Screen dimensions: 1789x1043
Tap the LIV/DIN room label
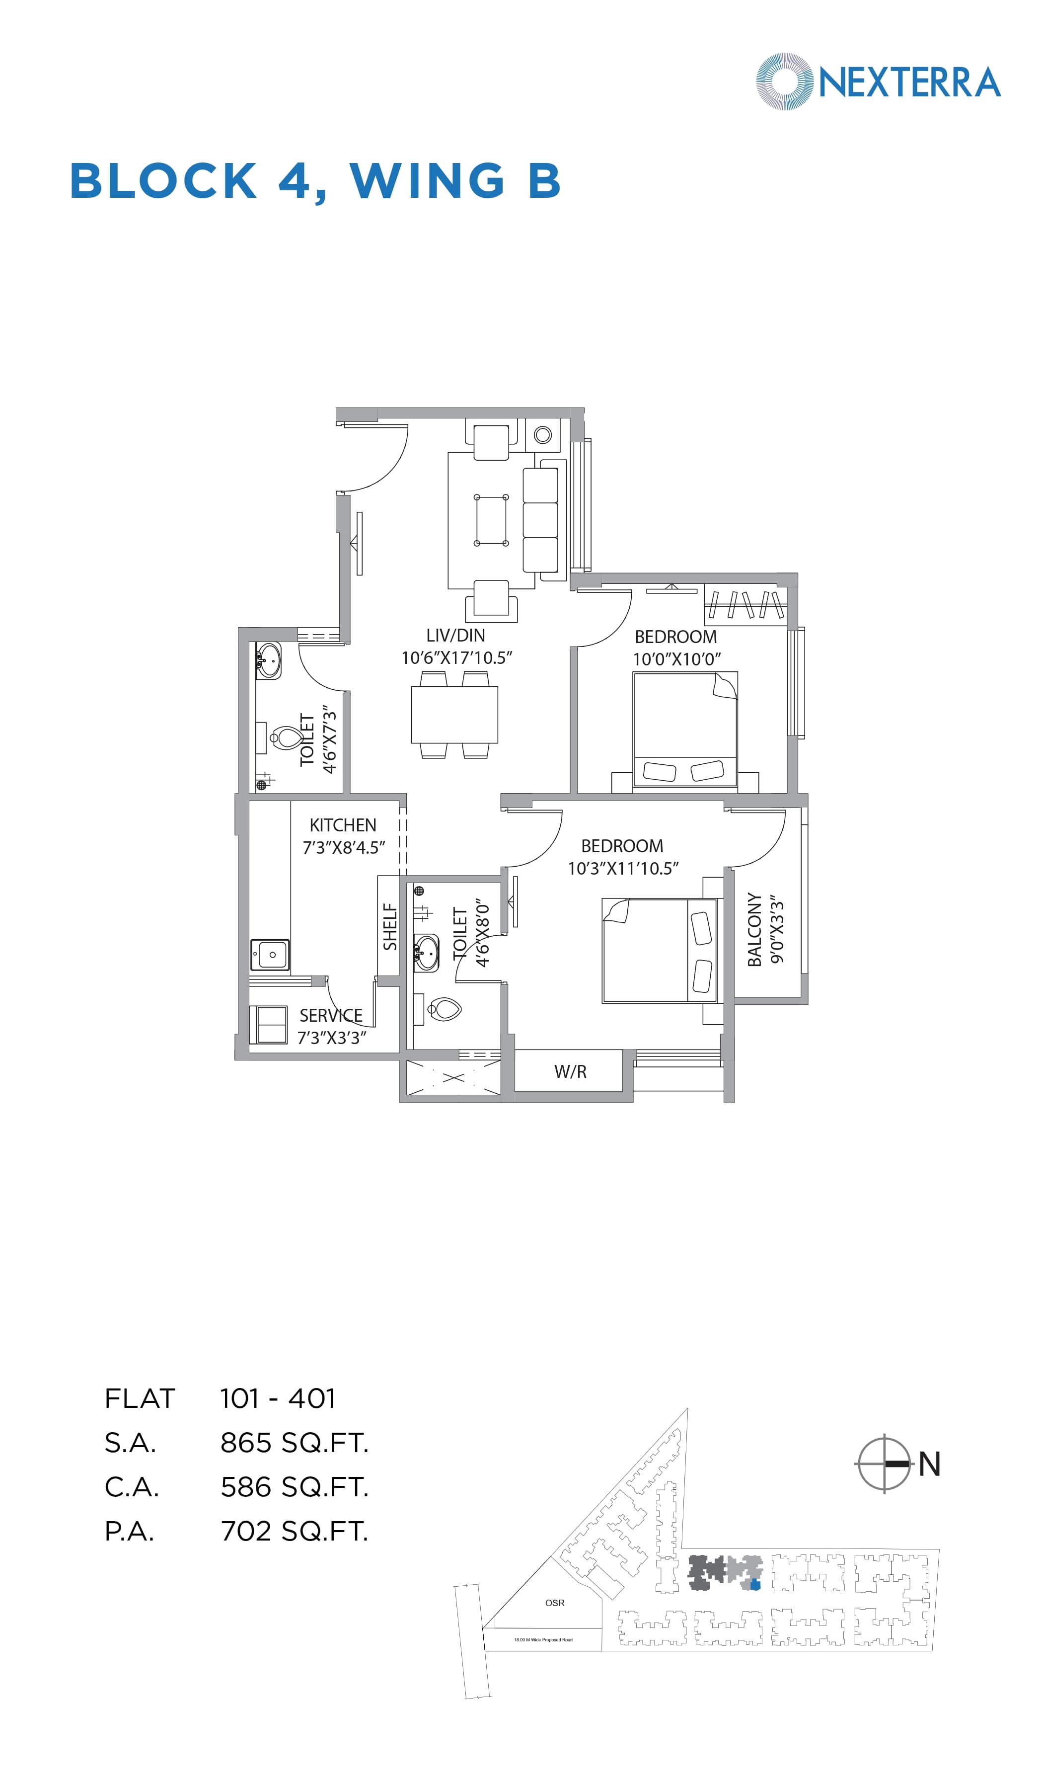(x=455, y=636)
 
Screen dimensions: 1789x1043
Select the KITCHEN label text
(x=343, y=825)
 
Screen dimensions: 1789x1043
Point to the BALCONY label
(x=754, y=929)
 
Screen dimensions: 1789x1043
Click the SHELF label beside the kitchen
(x=389, y=926)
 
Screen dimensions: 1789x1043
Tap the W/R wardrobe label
(x=570, y=1072)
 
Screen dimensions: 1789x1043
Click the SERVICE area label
(x=331, y=1015)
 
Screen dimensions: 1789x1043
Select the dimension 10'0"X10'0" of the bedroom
(x=676, y=659)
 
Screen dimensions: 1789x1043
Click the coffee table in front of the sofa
(x=491, y=520)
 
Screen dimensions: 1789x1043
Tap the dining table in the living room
(x=454, y=714)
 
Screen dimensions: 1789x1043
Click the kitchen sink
(x=270, y=955)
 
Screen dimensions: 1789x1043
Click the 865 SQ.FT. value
(x=294, y=1443)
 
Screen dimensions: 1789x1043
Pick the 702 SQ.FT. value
(x=294, y=1531)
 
